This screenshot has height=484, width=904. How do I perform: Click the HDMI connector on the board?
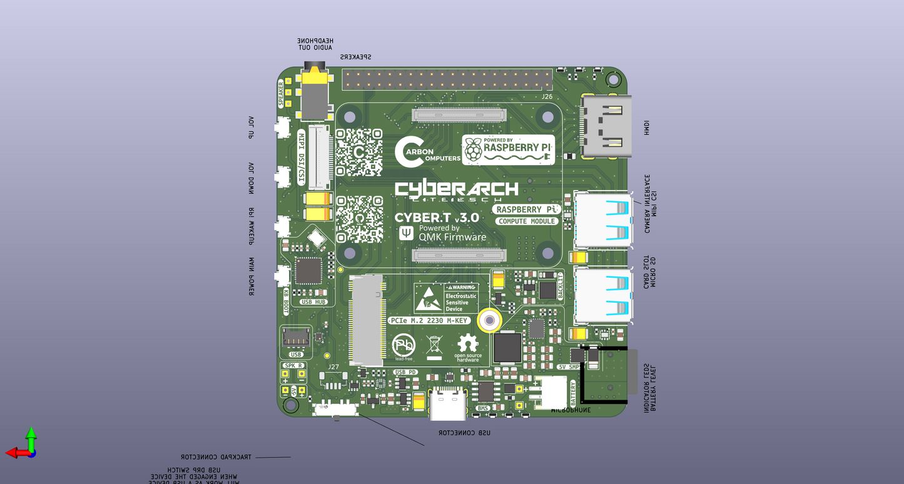tap(606, 127)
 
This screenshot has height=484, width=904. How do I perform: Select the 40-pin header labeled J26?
tap(447, 79)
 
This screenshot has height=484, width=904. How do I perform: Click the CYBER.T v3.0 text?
tap(437, 218)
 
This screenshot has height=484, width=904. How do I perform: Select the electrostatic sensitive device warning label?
tap(445, 298)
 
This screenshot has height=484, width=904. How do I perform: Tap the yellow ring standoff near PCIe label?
tap(488, 320)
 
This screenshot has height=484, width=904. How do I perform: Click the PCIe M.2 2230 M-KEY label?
tap(429, 320)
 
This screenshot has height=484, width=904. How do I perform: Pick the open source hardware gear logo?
tap(468, 348)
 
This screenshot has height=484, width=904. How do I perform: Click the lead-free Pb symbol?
tap(404, 346)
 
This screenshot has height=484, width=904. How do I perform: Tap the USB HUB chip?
tap(308, 271)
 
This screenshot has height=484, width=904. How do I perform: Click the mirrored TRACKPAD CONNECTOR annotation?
tap(216, 457)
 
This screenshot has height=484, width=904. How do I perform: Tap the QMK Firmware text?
tap(452, 237)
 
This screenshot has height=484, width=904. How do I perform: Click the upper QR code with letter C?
tap(359, 152)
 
